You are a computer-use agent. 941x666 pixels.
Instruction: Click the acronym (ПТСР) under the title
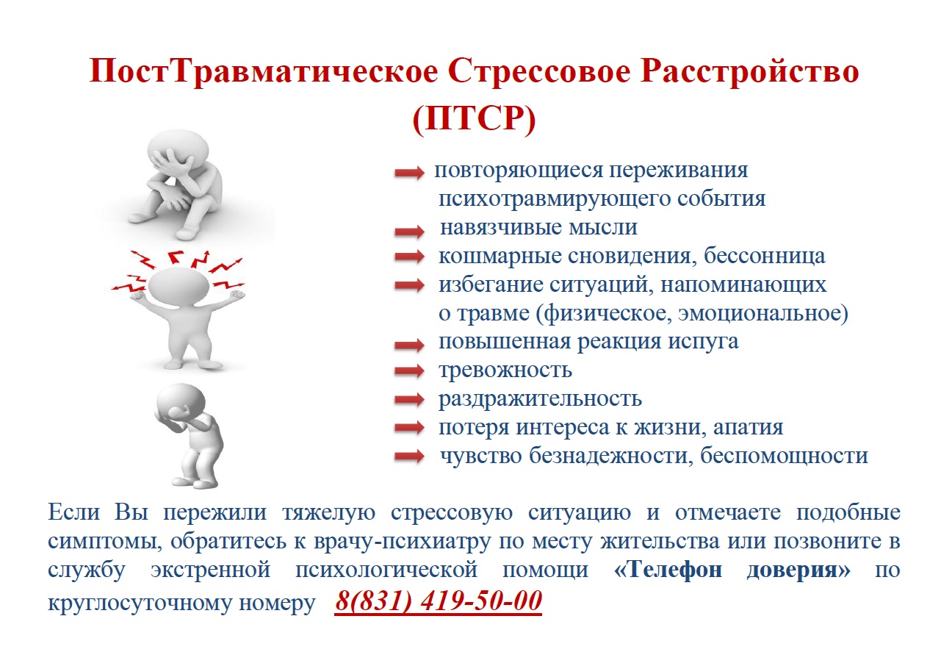(474, 119)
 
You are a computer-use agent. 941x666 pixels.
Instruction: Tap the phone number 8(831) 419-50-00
(438, 601)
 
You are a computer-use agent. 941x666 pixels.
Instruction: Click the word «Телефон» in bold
(668, 570)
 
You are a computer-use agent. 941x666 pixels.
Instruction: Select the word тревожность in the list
(505, 370)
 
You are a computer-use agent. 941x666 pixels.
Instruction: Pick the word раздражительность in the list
(540, 399)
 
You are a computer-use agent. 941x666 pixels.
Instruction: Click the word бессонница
(765, 256)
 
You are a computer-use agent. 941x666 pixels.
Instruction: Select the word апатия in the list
(749, 427)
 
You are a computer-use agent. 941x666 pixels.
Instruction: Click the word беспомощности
(784, 455)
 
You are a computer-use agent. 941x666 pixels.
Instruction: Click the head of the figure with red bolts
(179, 287)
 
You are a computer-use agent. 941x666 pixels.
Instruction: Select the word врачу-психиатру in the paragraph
(402, 542)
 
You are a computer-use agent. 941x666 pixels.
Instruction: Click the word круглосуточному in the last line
(140, 603)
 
